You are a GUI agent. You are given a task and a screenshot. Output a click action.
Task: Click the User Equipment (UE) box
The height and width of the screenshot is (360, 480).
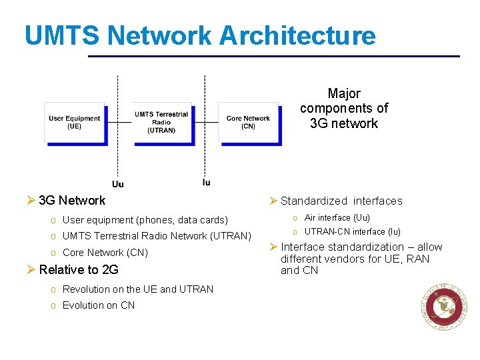(x=74, y=122)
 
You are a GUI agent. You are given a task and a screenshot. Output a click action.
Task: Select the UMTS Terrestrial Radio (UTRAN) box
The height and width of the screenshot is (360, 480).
(x=161, y=122)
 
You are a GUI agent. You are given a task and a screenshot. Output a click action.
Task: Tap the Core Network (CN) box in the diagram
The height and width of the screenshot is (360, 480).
(x=248, y=122)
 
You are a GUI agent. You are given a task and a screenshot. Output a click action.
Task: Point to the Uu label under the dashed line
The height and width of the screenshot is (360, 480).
(x=117, y=184)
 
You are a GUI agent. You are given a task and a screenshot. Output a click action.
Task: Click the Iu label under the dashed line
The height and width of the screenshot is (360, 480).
(x=206, y=182)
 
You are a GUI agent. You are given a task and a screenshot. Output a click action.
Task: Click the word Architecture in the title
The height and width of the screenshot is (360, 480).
(x=297, y=35)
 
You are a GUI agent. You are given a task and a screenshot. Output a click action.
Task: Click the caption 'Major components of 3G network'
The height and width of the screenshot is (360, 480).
(x=344, y=109)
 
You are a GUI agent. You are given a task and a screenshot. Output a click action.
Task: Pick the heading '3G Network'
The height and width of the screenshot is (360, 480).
(x=72, y=201)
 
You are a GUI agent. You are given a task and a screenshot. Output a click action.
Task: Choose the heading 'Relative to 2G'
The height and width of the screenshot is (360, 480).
(x=79, y=270)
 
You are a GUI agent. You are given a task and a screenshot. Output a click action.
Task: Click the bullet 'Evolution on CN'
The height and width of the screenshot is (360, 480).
(x=98, y=305)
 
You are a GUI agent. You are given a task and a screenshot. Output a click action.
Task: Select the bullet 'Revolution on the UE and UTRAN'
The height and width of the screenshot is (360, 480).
(x=137, y=289)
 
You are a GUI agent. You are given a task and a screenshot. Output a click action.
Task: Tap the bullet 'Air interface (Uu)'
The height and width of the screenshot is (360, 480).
(x=337, y=218)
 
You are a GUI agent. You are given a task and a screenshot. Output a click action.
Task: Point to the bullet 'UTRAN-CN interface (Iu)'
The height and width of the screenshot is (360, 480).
(x=352, y=232)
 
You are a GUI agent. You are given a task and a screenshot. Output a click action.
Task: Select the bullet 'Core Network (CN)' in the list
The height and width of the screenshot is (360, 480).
(x=105, y=253)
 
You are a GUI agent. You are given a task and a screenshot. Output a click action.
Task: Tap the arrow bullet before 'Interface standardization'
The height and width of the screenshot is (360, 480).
(x=273, y=247)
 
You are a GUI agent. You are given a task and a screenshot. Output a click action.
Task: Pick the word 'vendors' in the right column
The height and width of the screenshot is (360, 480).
(x=345, y=259)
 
